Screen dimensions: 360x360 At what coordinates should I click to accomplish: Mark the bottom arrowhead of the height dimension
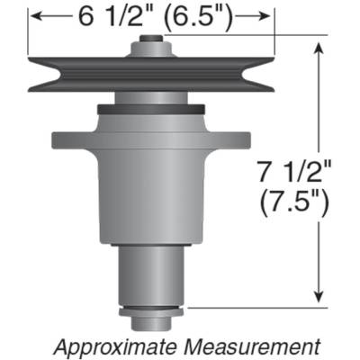coord(319,299)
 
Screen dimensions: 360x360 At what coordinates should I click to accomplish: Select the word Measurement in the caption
coord(254,345)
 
